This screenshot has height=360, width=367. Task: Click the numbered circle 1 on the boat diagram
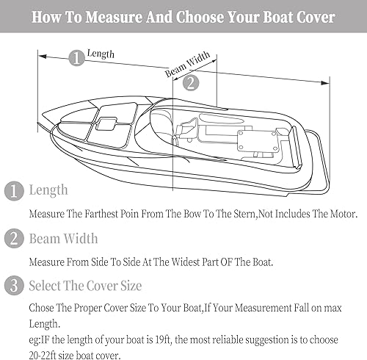76,58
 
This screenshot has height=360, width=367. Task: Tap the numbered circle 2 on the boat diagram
189,82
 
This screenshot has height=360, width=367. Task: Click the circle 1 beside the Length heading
13,190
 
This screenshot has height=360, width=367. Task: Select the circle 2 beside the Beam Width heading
13,238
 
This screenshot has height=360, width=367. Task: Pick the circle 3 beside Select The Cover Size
13,285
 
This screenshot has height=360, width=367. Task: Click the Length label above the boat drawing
101,54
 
